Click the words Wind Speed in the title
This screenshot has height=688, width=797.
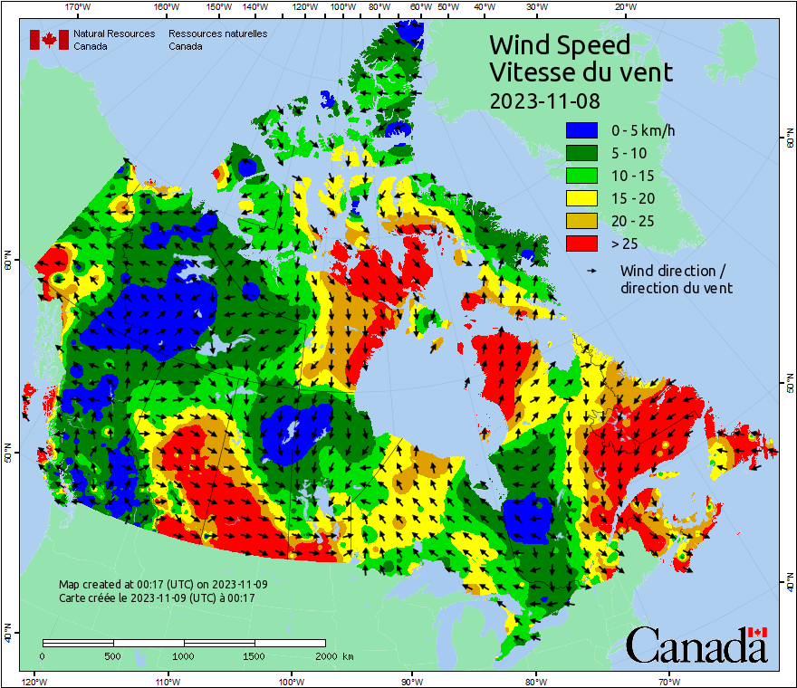(x=559, y=44)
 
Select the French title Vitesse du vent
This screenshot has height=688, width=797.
(x=581, y=72)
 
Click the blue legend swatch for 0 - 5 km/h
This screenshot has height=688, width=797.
(x=582, y=130)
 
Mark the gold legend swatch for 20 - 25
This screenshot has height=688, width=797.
(x=582, y=221)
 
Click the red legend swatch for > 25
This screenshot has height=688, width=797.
(x=582, y=244)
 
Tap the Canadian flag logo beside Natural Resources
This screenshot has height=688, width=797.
(x=49, y=40)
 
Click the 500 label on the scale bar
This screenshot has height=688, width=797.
(x=112, y=655)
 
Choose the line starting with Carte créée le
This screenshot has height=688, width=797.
(x=157, y=597)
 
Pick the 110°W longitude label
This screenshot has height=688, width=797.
(x=166, y=681)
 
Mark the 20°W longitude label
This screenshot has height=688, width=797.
(x=623, y=7)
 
